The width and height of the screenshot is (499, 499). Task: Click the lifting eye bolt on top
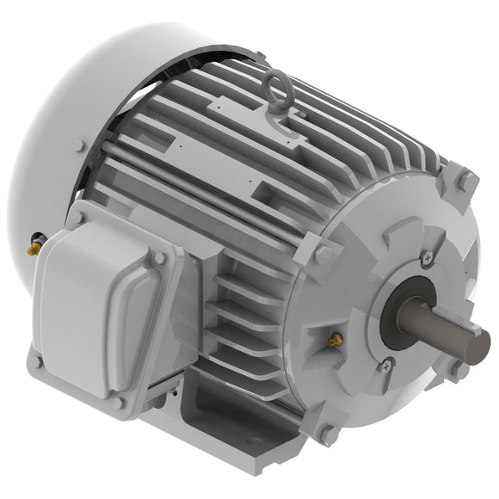coord(277,88)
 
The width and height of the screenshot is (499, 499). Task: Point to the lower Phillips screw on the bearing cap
coord(386,366)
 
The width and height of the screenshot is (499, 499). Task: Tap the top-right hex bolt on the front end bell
coord(465,181)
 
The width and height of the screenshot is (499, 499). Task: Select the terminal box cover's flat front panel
coord(95,310)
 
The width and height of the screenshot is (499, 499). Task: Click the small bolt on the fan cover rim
coord(79,146)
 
